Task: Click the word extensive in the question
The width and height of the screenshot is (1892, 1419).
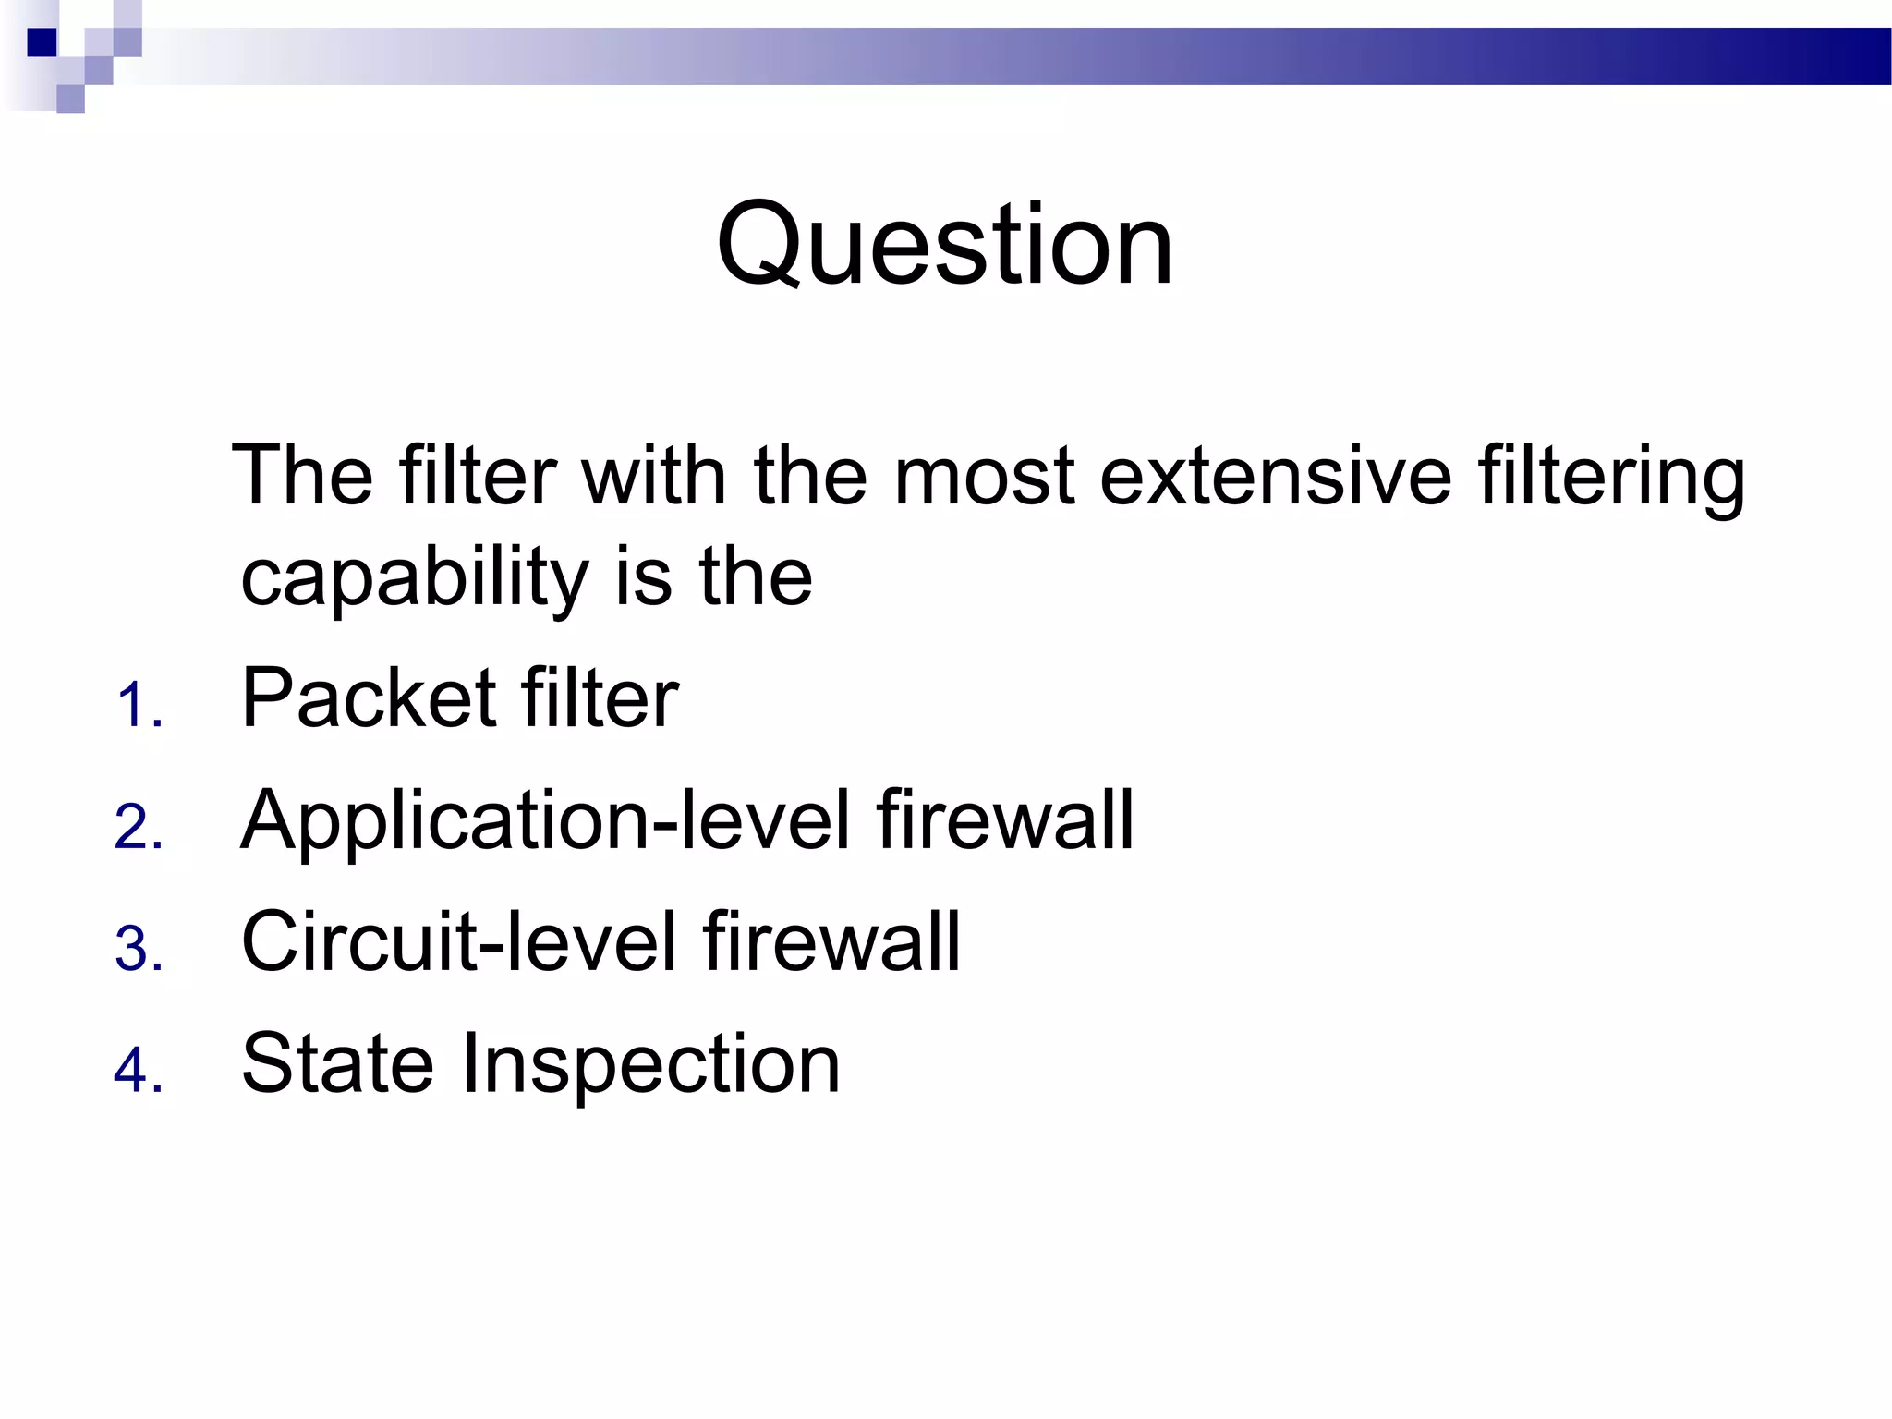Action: click(x=1276, y=477)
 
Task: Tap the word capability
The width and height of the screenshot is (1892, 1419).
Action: click(x=414, y=578)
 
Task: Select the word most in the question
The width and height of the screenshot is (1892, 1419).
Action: click(x=985, y=477)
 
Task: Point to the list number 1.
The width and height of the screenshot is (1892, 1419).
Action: click(x=139, y=708)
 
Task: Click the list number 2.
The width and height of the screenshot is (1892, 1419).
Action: click(x=139, y=828)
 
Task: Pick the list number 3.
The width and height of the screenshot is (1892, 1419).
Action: click(x=139, y=950)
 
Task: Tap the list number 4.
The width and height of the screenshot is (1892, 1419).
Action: click(x=139, y=1072)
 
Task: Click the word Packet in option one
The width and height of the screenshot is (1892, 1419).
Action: click(x=368, y=698)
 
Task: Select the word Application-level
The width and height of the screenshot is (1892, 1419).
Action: click(x=545, y=820)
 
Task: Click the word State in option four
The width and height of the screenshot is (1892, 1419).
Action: click(x=336, y=1064)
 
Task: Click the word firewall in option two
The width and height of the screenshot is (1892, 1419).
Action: click(x=1005, y=820)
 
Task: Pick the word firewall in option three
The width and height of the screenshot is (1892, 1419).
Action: click(x=831, y=942)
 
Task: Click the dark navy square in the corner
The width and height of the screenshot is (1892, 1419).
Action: click(x=42, y=42)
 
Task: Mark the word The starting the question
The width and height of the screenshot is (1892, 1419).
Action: click(x=303, y=477)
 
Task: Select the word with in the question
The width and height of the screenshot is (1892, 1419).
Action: click(x=652, y=477)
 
